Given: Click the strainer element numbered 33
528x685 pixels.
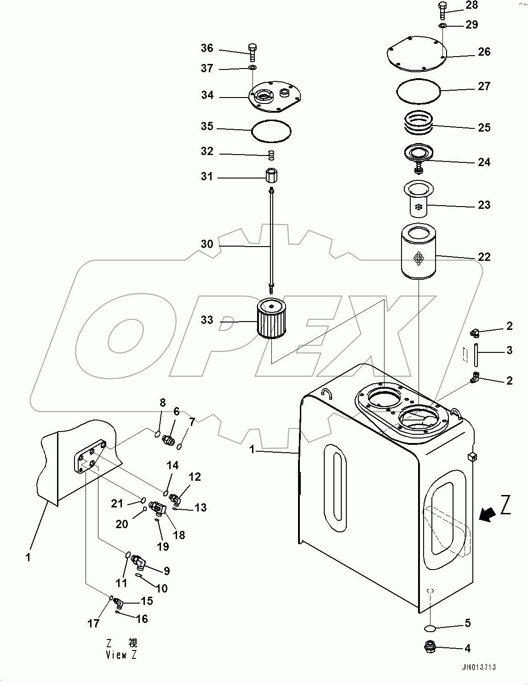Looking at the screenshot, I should (x=271, y=320).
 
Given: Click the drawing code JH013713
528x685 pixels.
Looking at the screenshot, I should (x=479, y=667).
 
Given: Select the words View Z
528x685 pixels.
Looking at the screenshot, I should (x=121, y=655).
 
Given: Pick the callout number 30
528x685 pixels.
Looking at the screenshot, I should (x=207, y=244).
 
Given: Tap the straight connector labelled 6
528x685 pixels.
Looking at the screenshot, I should (x=168, y=440).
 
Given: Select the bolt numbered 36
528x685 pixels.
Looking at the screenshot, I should (x=252, y=52).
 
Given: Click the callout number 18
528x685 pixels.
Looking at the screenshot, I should (x=179, y=535).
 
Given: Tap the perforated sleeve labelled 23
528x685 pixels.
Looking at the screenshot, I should (x=418, y=199).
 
